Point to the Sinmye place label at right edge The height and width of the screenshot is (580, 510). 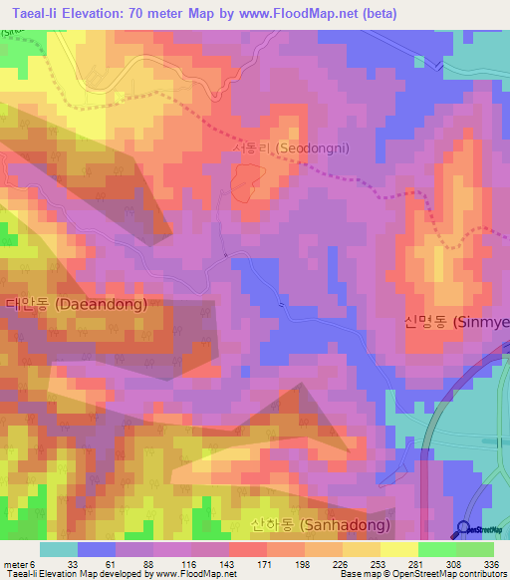point(456,322)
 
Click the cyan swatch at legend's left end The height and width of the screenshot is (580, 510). point(58,549)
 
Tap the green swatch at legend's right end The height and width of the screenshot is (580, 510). point(474,549)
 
